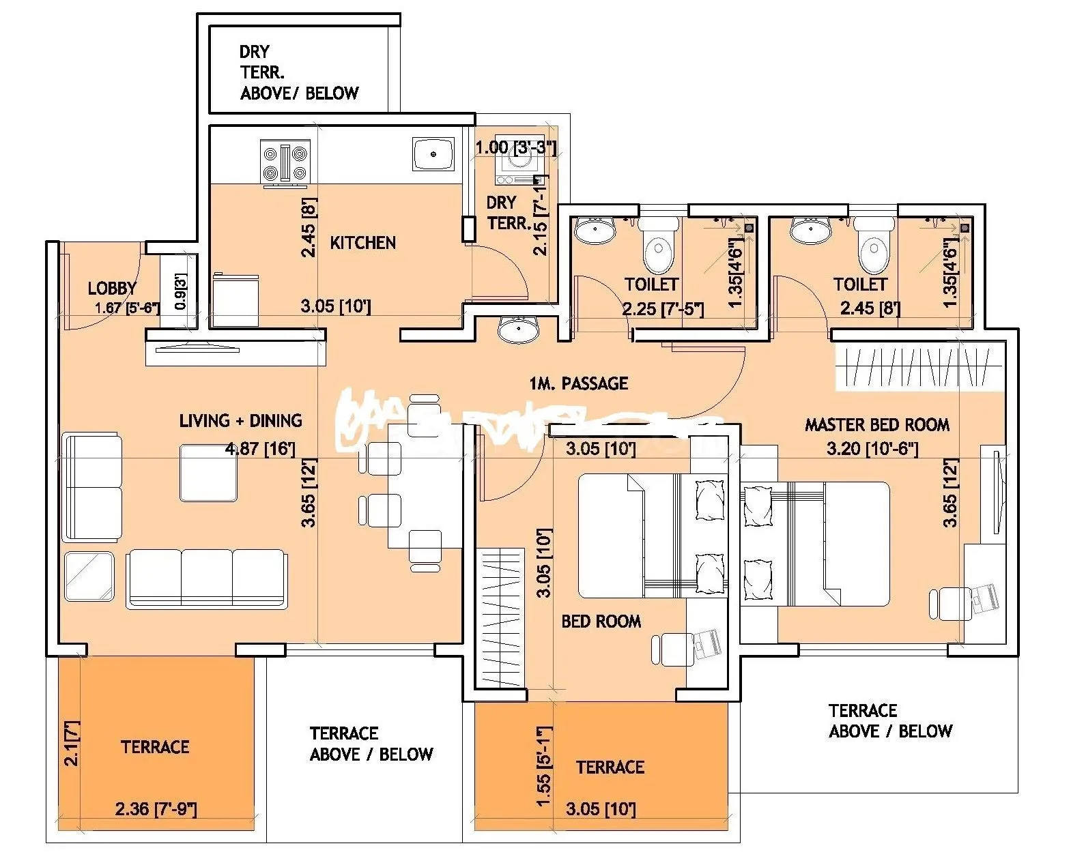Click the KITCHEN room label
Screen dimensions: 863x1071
point(362,243)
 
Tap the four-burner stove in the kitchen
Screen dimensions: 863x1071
point(285,162)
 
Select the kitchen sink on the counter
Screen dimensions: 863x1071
point(433,153)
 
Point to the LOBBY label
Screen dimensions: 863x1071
point(112,288)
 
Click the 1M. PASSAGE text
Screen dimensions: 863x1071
point(578,383)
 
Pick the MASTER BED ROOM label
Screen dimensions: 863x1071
point(877,425)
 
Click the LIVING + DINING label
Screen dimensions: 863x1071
point(240,420)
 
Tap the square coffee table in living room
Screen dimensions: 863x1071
point(209,473)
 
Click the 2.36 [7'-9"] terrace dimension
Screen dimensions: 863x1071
point(156,809)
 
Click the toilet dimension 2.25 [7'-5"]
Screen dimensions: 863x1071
point(662,308)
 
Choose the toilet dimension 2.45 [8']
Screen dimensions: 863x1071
point(870,308)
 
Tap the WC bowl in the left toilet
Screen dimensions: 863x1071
point(659,247)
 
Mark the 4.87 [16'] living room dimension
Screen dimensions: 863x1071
point(260,449)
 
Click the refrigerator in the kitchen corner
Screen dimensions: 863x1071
point(235,301)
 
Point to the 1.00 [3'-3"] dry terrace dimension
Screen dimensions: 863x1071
point(516,147)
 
